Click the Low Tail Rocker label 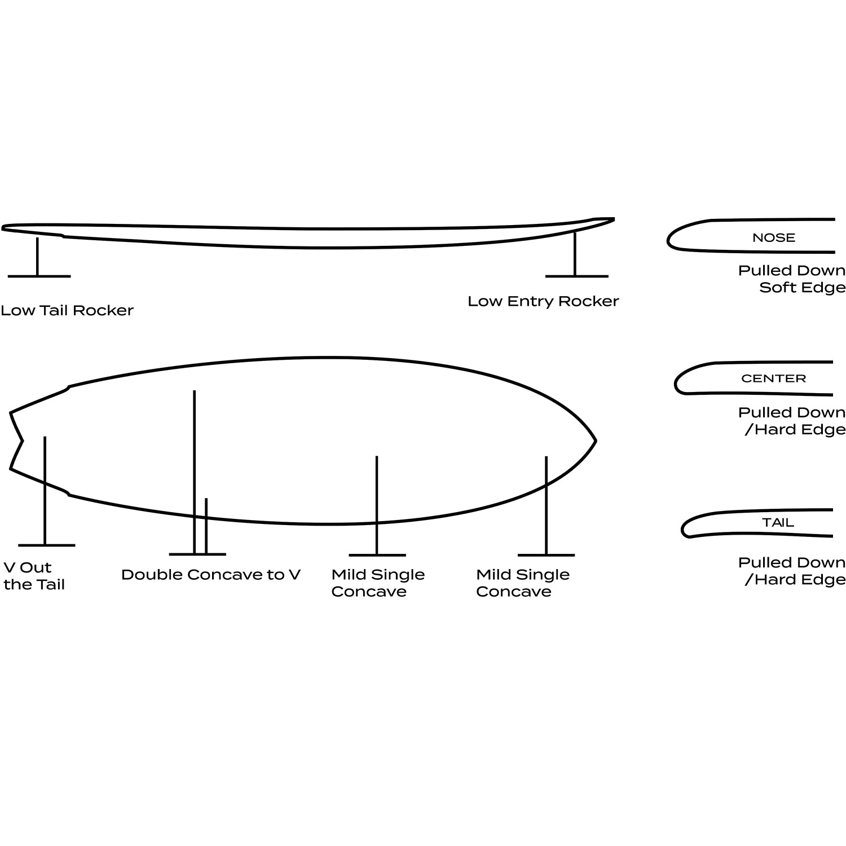click(67, 310)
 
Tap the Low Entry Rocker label click(543, 301)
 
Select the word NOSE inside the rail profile click(774, 237)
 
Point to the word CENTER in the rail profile click(774, 378)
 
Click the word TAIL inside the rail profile click(778, 523)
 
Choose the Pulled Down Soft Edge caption click(792, 279)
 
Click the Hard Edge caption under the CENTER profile click(792, 421)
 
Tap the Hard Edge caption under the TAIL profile click(792, 571)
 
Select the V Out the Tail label click(34, 576)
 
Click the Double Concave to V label click(211, 575)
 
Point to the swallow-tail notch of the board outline click(23, 440)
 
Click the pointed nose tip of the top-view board click(596, 440)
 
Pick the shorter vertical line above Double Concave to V click(206, 526)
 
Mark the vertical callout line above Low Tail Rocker click(37, 257)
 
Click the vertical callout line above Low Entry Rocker click(575, 254)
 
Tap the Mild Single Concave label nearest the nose click(523, 583)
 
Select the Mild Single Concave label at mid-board click(378, 583)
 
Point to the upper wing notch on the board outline click(69, 387)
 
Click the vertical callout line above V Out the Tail click(45, 491)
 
